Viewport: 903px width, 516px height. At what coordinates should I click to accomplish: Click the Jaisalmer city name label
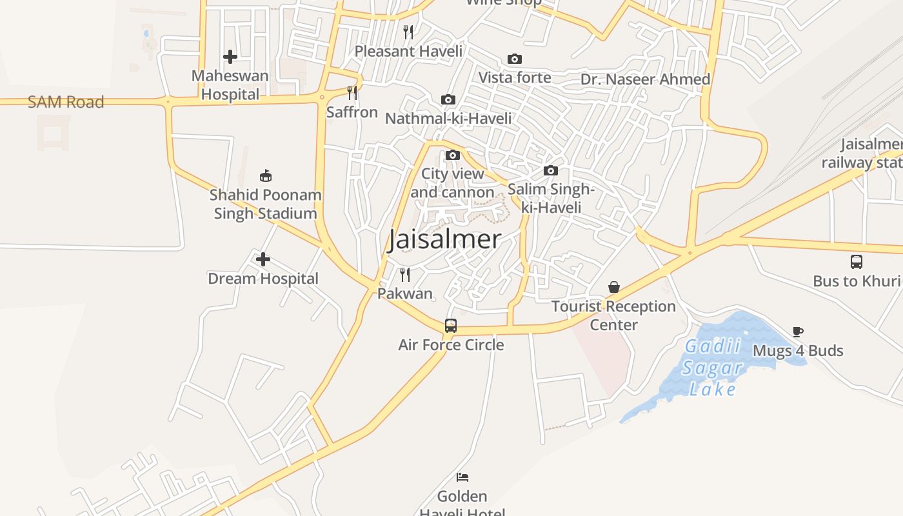(444, 239)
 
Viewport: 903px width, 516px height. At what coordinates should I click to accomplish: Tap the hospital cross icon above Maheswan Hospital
(230, 57)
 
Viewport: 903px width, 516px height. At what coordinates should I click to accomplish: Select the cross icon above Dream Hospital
(263, 259)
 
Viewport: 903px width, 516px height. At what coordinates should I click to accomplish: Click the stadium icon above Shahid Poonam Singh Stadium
(265, 175)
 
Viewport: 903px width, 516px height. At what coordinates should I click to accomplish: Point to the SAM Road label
(66, 102)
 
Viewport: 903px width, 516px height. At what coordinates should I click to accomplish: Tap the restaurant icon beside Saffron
(352, 93)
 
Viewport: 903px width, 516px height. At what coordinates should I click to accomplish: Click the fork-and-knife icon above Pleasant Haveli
(408, 32)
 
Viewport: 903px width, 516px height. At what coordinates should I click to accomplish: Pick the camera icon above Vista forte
(515, 59)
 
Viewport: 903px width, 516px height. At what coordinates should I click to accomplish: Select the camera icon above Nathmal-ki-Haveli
(448, 99)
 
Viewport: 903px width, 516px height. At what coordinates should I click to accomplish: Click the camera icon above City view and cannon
(453, 155)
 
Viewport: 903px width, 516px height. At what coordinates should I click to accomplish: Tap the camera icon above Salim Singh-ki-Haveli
(551, 170)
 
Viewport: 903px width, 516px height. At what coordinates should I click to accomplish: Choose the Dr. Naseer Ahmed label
(645, 79)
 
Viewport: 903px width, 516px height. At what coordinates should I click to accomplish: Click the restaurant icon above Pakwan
(405, 275)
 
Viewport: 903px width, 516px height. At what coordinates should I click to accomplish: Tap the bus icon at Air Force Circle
(451, 326)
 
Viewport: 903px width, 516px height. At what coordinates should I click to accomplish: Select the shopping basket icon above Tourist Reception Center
(614, 287)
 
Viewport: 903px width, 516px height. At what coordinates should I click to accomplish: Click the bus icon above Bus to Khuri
(857, 262)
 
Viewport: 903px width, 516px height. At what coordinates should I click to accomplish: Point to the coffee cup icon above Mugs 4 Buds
(798, 332)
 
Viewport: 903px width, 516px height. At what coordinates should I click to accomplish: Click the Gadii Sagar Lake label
(713, 368)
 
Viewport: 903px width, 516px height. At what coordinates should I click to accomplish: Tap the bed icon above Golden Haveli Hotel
(462, 477)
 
